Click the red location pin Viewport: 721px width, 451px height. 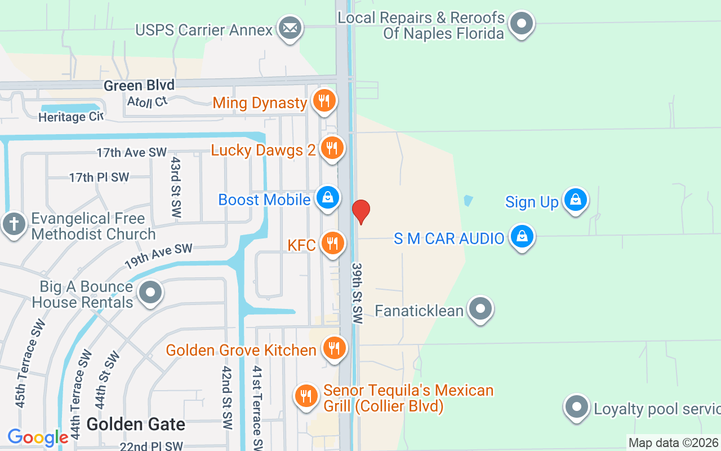coord(360,211)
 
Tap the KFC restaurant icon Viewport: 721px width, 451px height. coord(333,244)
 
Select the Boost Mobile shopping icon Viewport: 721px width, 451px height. coord(327,198)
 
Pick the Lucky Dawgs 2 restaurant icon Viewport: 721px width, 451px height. coord(332,148)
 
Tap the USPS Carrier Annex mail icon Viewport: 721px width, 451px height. coord(290,28)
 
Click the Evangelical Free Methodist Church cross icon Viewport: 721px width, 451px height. coord(13,224)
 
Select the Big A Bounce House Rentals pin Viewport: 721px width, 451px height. coord(150,293)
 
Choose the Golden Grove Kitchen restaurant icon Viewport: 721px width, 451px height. coord(334,348)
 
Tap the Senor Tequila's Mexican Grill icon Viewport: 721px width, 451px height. coord(306,396)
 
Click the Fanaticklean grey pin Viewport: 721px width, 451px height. coord(480,309)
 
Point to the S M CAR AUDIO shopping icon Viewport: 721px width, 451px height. coord(522,237)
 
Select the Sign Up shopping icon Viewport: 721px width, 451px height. coord(576,200)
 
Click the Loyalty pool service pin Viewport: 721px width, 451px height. coord(576,406)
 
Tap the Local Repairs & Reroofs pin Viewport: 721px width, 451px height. coord(522,24)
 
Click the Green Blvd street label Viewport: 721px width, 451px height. coord(139,85)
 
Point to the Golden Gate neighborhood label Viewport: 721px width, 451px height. coord(136,424)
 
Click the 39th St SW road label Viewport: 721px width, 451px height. coord(357,293)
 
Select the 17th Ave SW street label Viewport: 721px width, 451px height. coord(132,152)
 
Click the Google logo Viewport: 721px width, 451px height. coord(38,437)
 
